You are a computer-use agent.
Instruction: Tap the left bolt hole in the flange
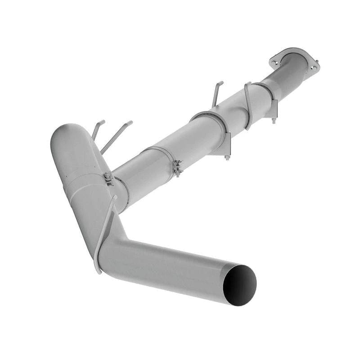pyautogui.click(x=275, y=59)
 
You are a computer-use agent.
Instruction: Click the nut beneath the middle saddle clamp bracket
pyautogui.click(x=227, y=157)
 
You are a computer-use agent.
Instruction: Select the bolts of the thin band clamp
pyautogui.click(x=178, y=168)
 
